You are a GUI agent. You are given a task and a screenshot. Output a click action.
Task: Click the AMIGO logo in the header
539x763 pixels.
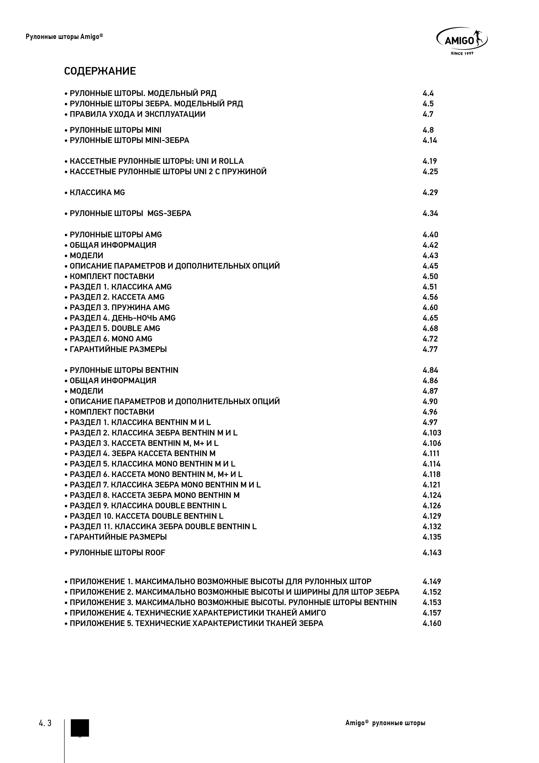[462, 40]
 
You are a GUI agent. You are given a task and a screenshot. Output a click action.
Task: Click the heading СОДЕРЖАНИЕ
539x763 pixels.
[100, 71]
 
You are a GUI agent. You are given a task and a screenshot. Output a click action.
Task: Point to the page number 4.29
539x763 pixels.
[430, 192]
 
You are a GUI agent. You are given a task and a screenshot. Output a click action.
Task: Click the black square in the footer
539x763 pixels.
[80, 728]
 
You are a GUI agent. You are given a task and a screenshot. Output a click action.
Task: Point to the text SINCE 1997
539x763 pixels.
[462, 53]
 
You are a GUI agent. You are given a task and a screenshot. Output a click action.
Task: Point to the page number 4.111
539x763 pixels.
[431, 453]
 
